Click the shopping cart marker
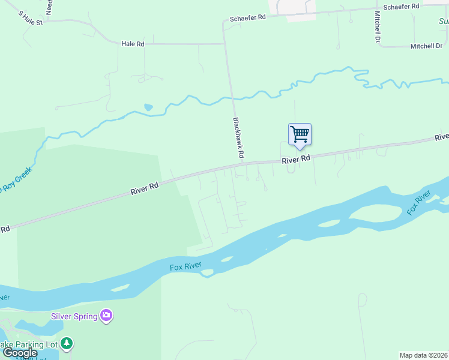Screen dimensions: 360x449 300,134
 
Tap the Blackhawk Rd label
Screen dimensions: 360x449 238,137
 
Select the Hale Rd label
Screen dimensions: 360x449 133,44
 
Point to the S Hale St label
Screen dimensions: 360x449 31,18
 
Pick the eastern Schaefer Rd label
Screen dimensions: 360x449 400,6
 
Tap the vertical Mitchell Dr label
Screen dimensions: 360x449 378,26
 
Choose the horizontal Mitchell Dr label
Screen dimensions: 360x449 426,46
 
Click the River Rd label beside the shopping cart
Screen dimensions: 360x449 296,160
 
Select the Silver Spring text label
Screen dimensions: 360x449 74,316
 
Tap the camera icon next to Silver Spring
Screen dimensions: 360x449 106,315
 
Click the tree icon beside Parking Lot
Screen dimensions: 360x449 67,344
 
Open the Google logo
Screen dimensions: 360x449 20,352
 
